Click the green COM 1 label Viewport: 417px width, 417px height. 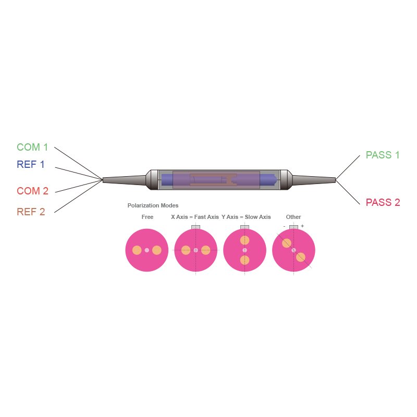coord(32,148)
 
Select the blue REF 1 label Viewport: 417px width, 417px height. coord(31,165)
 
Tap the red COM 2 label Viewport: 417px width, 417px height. coord(32,191)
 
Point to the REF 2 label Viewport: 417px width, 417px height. coord(31,212)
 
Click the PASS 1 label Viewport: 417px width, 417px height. coord(383,155)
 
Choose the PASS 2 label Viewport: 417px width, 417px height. coord(383,203)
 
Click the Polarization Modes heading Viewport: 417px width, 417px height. coord(153,205)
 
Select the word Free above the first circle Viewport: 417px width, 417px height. coord(148,217)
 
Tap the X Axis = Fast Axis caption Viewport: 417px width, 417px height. coord(195,217)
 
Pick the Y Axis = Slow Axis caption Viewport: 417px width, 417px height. coord(246,217)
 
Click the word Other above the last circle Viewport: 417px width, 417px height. coord(293,217)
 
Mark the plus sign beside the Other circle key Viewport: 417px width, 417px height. coord(302,226)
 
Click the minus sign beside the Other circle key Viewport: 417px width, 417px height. coord(284,226)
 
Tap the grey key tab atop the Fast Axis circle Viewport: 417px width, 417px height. coord(196,227)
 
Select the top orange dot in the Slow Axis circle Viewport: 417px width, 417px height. coord(244,240)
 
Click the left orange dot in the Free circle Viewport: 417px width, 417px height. coord(137,250)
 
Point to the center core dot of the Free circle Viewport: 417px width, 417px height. coord(147,250)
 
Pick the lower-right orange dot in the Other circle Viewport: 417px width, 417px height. coord(300,257)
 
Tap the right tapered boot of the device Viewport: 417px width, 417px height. coord(313,180)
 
